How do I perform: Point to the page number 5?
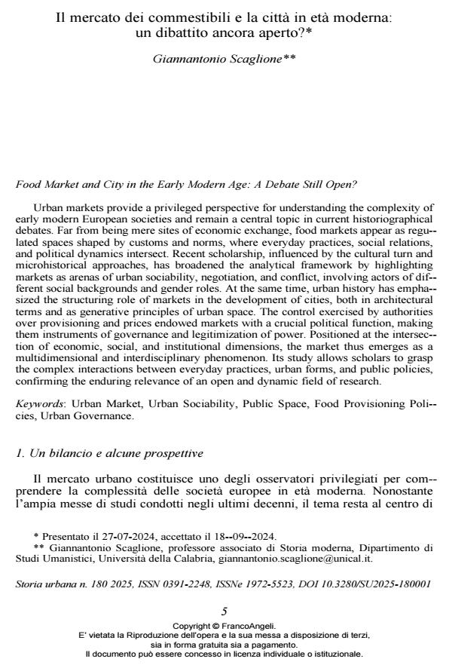[224, 611]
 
